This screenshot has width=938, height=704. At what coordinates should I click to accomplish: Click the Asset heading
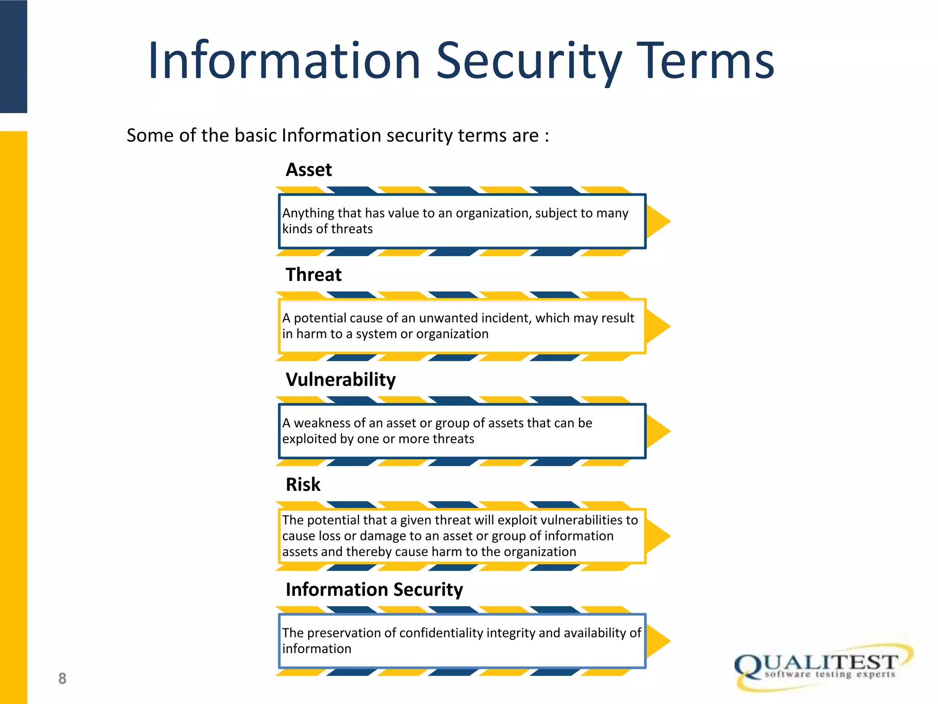[x=309, y=170]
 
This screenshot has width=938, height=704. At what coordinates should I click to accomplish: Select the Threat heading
[x=314, y=275]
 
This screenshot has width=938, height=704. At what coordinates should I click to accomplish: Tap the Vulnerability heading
[x=341, y=380]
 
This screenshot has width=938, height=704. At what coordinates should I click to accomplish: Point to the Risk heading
[x=303, y=485]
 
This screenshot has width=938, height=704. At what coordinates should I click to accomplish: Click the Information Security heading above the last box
[x=374, y=590]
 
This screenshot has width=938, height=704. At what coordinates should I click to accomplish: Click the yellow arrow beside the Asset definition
[x=658, y=221]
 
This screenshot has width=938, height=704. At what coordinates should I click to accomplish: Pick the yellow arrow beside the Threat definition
[x=658, y=326]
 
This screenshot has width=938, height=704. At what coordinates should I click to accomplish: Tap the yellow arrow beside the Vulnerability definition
[x=658, y=431]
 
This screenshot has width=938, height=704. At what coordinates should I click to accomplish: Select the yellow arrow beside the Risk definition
[x=658, y=536]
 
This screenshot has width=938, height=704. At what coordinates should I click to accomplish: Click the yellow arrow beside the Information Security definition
[x=658, y=641]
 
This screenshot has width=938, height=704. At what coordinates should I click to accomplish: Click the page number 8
[x=62, y=679]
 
